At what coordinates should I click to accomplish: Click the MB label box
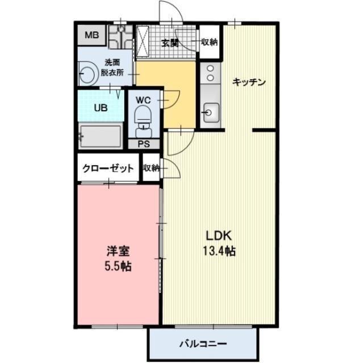click(91, 36)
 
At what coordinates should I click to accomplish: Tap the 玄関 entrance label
click(169, 43)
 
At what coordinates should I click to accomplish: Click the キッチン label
click(249, 82)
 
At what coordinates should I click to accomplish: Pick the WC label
click(143, 100)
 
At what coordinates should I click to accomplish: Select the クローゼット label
click(108, 168)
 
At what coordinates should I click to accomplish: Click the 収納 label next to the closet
click(151, 168)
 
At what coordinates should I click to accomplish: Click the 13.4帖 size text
click(217, 250)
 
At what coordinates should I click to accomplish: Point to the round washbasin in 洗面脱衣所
click(87, 74)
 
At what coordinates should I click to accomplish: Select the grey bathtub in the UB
click(101, 136)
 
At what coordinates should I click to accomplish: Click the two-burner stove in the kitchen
click(209, 72)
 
